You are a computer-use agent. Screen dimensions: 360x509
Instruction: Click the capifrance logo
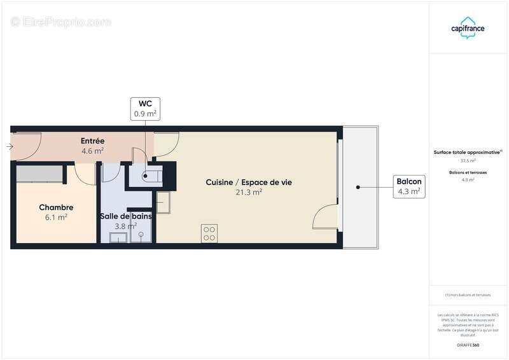[x=469, y=27]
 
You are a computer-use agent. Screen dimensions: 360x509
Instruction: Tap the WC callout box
[x=145, y=109]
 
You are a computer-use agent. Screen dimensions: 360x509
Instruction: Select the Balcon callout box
[x=408, y=186]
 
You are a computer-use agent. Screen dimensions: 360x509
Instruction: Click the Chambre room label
[x=56, y=207]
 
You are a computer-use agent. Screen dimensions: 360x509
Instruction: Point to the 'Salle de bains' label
[x=125, y=216]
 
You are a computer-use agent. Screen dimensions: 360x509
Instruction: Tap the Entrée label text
[x=92, y=141]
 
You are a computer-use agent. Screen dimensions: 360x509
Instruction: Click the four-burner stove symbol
[x=209, y=233]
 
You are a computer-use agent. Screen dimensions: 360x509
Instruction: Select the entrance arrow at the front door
[x=9, y=148]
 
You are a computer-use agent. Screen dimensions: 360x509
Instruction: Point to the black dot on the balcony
[x=358, y=187]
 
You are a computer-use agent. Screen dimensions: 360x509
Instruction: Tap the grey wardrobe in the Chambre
[x=39, y=172]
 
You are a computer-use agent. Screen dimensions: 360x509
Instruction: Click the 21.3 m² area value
[x=249, y=192]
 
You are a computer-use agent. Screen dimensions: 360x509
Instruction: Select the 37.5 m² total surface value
[x=468, y=161]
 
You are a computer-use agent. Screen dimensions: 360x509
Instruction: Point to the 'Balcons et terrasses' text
[x=468, y=172]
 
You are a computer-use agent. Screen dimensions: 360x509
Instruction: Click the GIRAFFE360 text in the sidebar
[x=468, y=345]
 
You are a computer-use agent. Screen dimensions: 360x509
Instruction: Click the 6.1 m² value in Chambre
[x=56, y=217]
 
